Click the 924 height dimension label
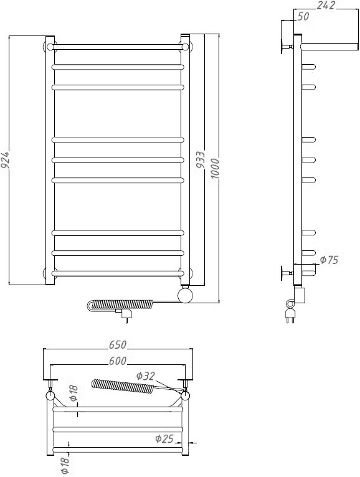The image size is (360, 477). coord(6,159)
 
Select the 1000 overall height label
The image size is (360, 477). coord(215,169)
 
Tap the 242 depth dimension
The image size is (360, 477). coord(326,5)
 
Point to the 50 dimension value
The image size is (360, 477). coord(303,16)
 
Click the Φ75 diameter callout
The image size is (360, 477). coord(329,260)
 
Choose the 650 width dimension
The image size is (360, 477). coord(118,344)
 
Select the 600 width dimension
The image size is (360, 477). coord(118,361)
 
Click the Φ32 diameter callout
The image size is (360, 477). coord(146,376)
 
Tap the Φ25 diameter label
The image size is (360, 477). coord(164,438)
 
